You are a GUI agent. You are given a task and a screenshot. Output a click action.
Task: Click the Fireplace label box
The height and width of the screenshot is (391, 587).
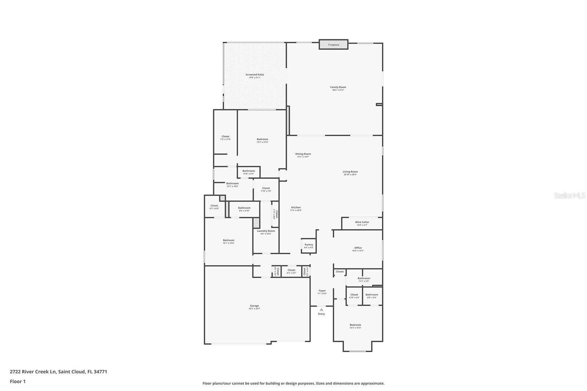click(333, 44)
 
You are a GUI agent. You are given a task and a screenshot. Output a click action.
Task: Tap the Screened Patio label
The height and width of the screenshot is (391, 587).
click(255, 75)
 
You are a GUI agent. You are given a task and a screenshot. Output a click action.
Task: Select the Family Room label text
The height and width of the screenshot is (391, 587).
click(338, 87)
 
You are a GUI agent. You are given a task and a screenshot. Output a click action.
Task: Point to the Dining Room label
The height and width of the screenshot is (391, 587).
click(303, 154)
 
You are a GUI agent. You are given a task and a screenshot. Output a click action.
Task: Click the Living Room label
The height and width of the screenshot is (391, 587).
click(350, 172)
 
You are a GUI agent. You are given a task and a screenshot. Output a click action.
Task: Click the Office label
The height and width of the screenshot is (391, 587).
click(358, 248)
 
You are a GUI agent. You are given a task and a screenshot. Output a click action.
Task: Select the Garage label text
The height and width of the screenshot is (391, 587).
click(254, 306)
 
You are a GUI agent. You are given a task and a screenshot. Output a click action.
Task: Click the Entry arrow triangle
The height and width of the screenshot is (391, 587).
click(321, 310)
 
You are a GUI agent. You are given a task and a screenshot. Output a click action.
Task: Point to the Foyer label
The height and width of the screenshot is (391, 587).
click(322, 291)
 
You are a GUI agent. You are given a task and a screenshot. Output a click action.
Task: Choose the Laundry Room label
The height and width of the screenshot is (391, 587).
click(266, 231)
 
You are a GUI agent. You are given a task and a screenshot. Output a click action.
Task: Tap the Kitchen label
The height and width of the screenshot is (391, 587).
click(296, 208)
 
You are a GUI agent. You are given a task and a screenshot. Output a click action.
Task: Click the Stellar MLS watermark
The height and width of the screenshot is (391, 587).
click(569, 196)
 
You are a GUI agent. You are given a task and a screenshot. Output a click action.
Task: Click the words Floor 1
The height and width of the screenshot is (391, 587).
click(18, 381)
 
